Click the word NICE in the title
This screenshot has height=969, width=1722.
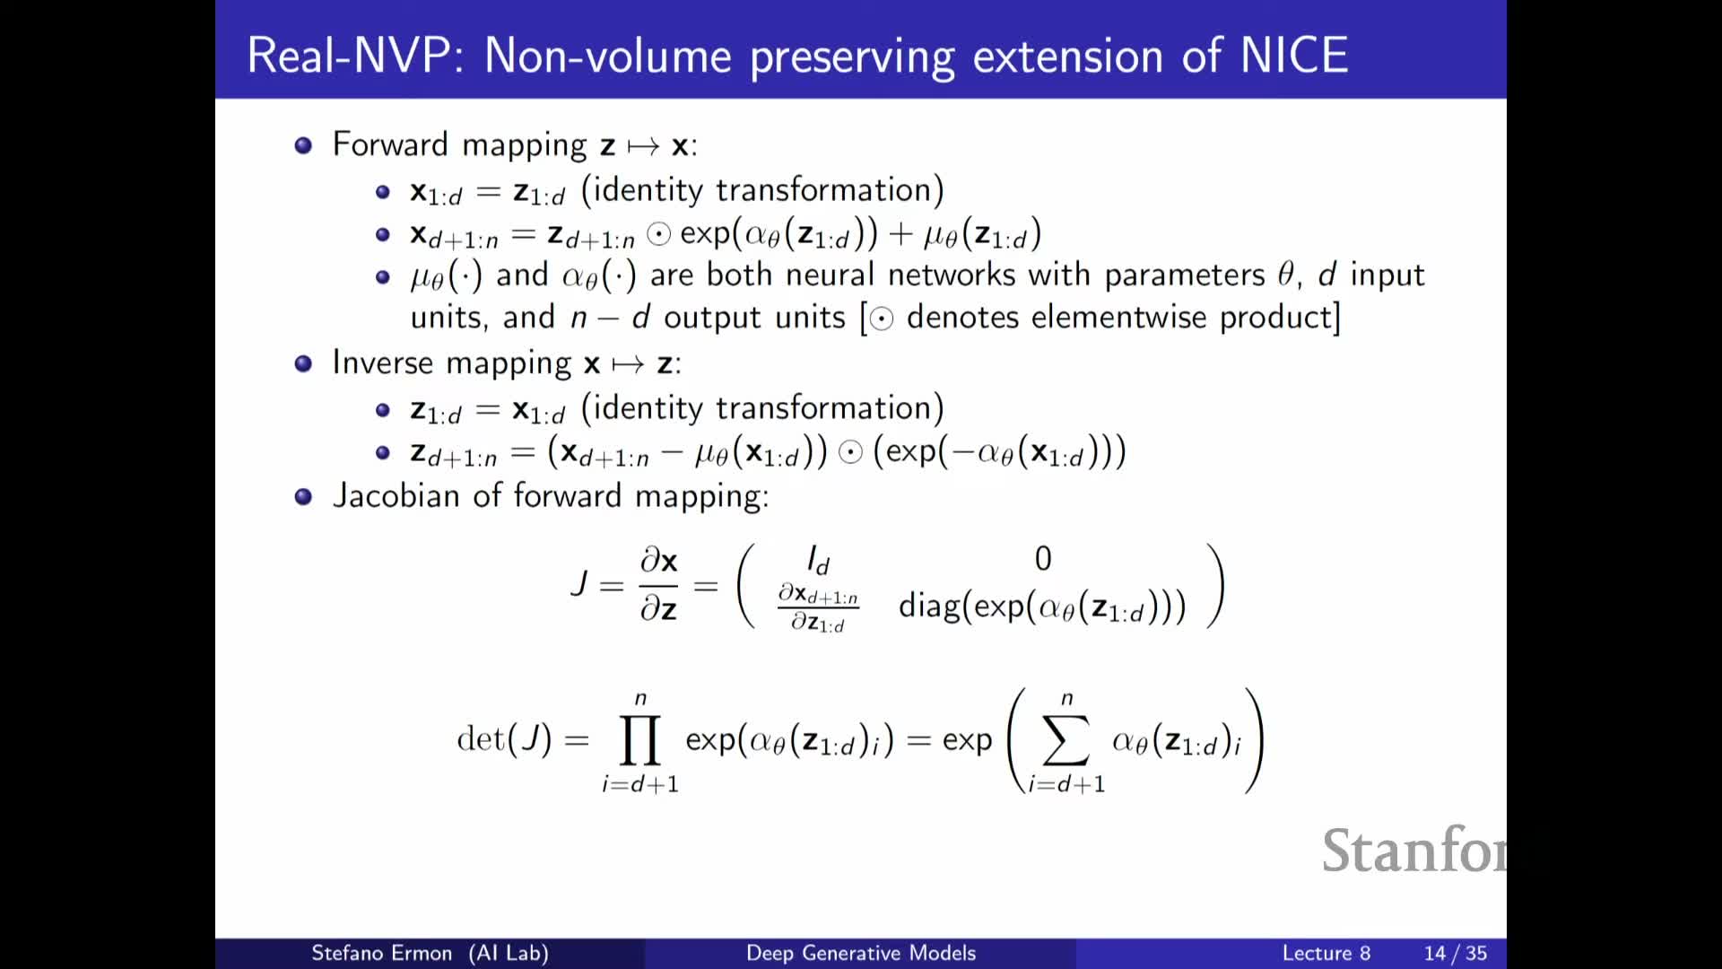click(1294, 56)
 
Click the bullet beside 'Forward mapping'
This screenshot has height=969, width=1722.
click(303, 145)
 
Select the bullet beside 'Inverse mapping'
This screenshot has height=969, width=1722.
click(303, 363)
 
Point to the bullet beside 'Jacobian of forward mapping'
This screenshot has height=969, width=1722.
click(303, 496)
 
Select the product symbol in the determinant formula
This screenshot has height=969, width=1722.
click(640, 739)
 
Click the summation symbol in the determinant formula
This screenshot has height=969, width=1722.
click(1066, 739)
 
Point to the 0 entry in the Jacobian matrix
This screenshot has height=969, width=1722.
click(1042, 559)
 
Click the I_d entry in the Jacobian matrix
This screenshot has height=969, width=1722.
click(818, 561)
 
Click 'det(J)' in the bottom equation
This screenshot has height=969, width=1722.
click(504, 739)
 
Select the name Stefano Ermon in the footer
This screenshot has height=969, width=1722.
click(381, 953)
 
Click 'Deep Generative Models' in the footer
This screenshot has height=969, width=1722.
click(861, 953)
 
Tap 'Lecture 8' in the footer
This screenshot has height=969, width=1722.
click(1326, 953)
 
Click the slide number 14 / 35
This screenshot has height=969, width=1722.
click(1455, 953)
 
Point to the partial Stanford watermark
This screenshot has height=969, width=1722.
click(1413, 851)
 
